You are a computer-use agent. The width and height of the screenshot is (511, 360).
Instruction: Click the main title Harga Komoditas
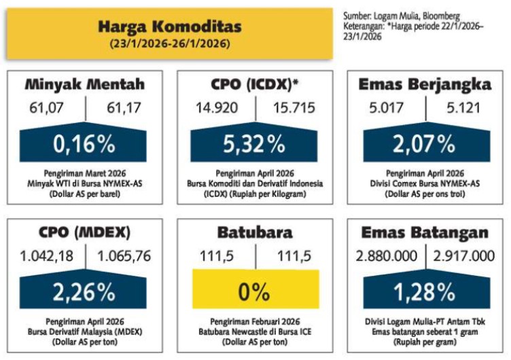click(169, 26)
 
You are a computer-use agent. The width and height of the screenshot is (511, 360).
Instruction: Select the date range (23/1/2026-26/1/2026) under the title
click(169, 43)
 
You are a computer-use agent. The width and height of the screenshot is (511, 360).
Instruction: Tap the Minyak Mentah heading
click(85, 85)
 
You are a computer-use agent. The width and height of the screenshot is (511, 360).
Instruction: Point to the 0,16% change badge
click(85, 143)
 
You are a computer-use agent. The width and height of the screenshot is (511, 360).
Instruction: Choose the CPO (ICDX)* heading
click(255, 85)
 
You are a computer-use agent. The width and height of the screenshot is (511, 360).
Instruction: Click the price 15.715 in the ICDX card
click(290, 108)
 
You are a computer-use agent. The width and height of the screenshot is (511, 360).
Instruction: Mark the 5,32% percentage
click(255, 143)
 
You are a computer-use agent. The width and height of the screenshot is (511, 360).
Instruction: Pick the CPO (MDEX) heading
click(85, 233)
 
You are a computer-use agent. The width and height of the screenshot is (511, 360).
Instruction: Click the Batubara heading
click(255, 233)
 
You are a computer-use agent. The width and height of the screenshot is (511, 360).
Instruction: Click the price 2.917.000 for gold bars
click(463, 256)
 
